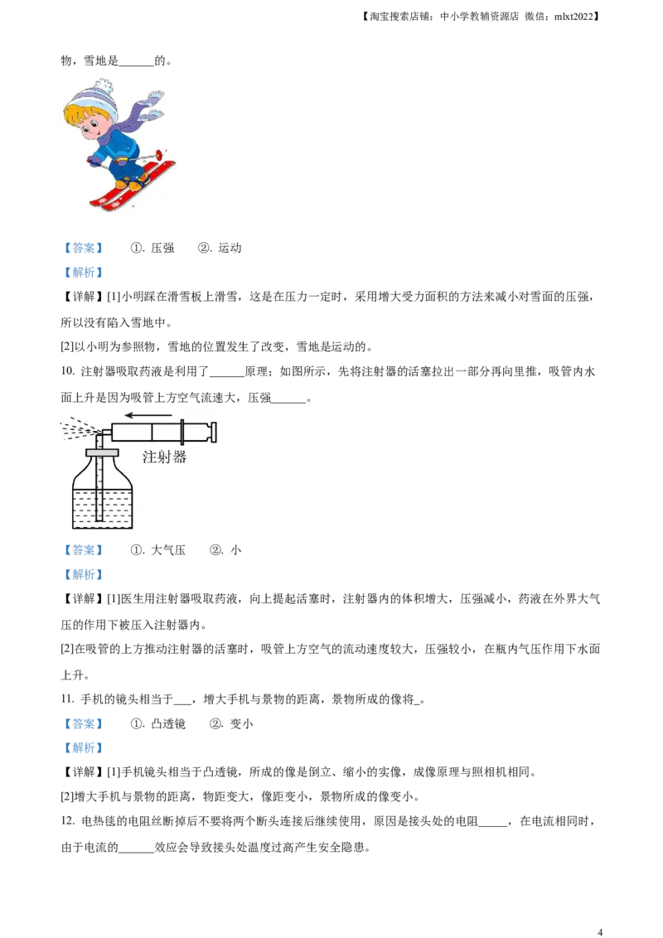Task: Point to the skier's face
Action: coord(92,128)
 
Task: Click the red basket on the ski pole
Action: coord(158,154)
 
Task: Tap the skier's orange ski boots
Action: coord(133,184)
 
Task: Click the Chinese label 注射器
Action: coord(164,456)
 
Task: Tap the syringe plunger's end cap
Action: coord(214,432)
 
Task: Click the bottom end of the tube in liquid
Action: coord(100,519)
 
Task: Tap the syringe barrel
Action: coord(146,432)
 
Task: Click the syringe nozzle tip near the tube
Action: coord(105,432)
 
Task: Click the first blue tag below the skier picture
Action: coord(83,248)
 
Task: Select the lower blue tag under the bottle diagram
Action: coord(83,573)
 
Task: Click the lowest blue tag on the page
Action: coord(83,748)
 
